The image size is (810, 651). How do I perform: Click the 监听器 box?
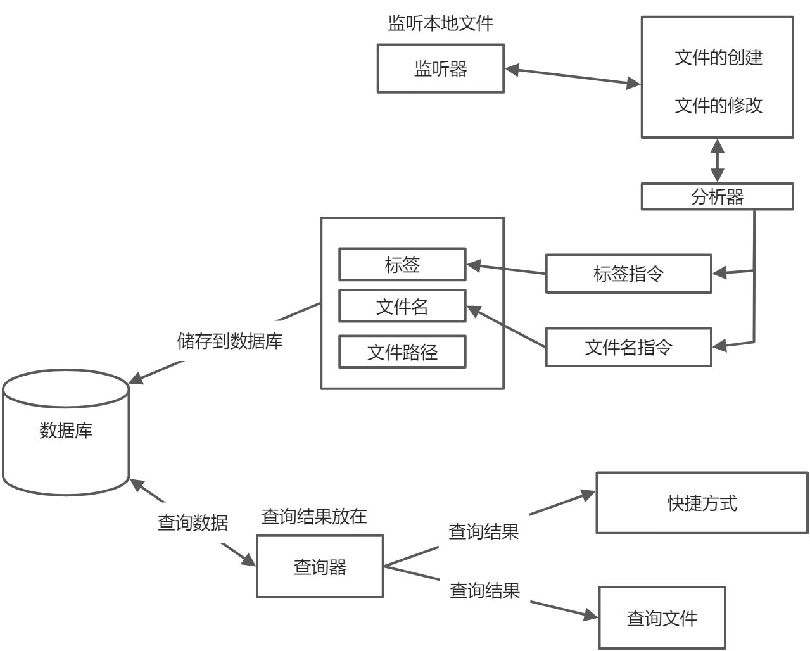(440, 68)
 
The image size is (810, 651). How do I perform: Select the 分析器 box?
(717, 196)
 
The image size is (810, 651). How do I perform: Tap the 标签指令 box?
(628, 274)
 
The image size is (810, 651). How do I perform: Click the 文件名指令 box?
(628, 347)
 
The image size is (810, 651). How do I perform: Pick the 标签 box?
(402, 264)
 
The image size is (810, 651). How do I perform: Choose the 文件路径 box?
(402, 351)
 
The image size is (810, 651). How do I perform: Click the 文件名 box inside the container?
(402, 307)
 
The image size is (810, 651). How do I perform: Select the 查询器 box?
(320, 566)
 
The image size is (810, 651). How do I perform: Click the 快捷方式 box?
(702, 503)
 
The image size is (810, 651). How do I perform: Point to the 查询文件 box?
(662, 617)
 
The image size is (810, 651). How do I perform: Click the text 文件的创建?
(718, 58)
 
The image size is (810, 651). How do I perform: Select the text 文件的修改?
(718, 105)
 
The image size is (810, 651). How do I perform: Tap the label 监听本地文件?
(440, 23)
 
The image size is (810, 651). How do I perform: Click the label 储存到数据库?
(230, 341)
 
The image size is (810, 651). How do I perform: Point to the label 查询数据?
(193, 522)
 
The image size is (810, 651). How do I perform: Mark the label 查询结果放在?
(314, 516)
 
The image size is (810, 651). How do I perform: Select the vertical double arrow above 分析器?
(717, 160)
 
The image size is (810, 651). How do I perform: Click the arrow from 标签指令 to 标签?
(505, 269)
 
